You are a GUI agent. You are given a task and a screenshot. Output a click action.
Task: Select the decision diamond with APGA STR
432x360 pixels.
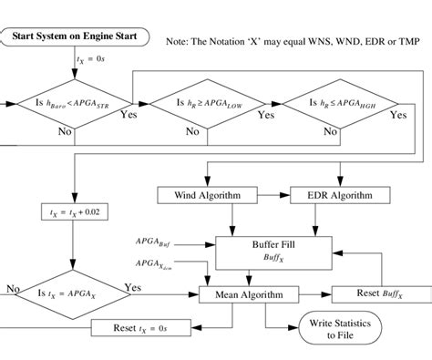(x=70, y=104)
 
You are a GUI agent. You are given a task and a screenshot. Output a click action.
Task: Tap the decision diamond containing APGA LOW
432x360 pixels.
(x=207, y=104)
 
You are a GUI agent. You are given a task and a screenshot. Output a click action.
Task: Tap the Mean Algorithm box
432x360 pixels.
(x=248, y=294)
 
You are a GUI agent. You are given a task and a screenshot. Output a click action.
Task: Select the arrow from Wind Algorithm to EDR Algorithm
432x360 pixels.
(x=266, y=195)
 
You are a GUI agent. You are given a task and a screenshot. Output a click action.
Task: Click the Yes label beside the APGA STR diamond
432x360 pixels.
(x=129, y=116)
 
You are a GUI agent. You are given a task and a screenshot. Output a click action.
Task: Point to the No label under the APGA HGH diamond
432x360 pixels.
(x=325, y=130)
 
